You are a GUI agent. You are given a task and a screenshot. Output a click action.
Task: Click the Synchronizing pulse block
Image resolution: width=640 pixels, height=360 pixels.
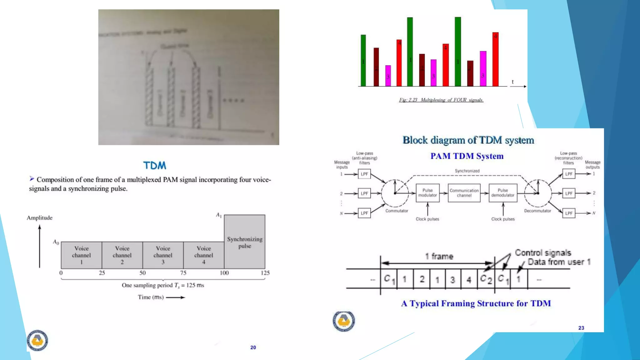tap(245, 242)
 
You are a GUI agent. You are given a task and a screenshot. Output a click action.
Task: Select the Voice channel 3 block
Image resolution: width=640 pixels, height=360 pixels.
tap(163, 255)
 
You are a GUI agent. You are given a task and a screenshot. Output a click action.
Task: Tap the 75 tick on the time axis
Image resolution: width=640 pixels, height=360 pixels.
tap(183, 273)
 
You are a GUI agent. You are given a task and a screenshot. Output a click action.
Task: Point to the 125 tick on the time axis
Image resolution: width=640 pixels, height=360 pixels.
tap(265, 273)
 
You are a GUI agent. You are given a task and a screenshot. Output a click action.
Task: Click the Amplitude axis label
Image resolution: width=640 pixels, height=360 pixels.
tap(39, 218)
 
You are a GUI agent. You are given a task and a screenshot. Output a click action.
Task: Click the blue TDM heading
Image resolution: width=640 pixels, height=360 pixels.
tap(155, 165)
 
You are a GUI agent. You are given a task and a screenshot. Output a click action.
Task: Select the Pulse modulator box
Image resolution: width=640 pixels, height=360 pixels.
tap(427, 193)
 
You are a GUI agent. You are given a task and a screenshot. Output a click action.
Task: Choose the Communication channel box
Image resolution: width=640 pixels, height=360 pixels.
tap(464, 193)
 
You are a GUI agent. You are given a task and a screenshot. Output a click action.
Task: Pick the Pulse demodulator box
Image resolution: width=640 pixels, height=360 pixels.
tap(502, 193)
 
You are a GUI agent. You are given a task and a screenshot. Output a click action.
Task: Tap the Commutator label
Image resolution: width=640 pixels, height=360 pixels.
tap(397, 211)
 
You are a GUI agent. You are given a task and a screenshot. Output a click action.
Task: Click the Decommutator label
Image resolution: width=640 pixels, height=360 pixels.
tap(537, 211)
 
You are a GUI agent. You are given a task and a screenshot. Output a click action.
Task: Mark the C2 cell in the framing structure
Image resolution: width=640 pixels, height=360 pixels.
tap(486, 279)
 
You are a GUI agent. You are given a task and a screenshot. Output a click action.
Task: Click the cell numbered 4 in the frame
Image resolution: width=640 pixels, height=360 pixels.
tap(469, 279)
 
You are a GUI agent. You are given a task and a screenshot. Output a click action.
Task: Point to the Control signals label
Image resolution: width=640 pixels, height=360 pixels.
tap(543, 252)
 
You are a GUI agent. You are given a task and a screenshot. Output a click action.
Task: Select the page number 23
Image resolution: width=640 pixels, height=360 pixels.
tap(581, 328)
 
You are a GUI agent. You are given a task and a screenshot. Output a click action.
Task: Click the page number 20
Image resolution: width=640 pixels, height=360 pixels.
tap(253, 347)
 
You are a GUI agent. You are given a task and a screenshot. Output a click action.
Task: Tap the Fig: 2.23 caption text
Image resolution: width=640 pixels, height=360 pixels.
tap(441, 100)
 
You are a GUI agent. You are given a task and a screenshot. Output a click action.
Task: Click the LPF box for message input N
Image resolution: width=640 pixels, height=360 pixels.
tap(364, 213)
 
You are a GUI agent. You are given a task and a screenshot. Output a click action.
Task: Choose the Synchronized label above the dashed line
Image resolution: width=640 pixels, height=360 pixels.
tap(467, 171)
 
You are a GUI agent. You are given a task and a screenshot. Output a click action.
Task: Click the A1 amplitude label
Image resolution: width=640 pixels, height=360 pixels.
tap(218, 215)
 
